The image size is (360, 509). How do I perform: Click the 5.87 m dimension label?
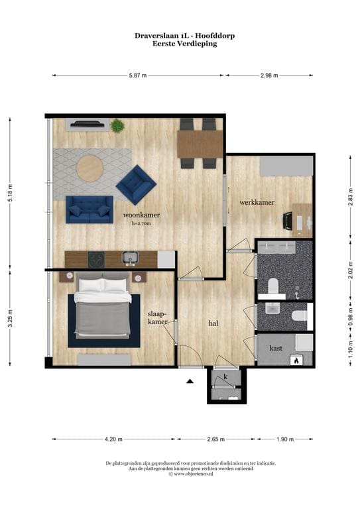click(x=138, y=76)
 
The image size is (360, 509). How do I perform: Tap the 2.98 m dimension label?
click(x=269, y=76)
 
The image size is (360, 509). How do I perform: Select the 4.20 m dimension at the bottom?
click(x=113, y=439)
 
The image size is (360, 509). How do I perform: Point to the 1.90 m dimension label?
click(x=285, y=439)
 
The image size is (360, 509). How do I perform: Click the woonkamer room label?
click(x=141, y=215)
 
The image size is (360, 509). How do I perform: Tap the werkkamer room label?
click(x=257, y=202)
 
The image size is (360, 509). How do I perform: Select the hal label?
click(x=213, y=323)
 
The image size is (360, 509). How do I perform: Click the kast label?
click(x=276, y=348)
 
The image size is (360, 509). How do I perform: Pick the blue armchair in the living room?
click(x=136, y=184)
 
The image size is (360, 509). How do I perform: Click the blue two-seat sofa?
click(x=90, y=209)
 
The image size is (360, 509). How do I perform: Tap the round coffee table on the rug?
click(x=90, y=168)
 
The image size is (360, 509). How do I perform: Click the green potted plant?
click(x=117, y=126)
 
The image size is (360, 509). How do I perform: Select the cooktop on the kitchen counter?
click(x=96, y=260)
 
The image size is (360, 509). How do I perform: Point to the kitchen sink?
click(x=131, y=258)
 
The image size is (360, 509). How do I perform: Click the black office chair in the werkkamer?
click(x=288, y=221)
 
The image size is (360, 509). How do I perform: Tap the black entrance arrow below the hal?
click(x=190, y=381)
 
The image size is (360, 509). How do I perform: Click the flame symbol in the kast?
click(x=296, y=360)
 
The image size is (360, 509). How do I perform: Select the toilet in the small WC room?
click(x=299, y=315)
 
